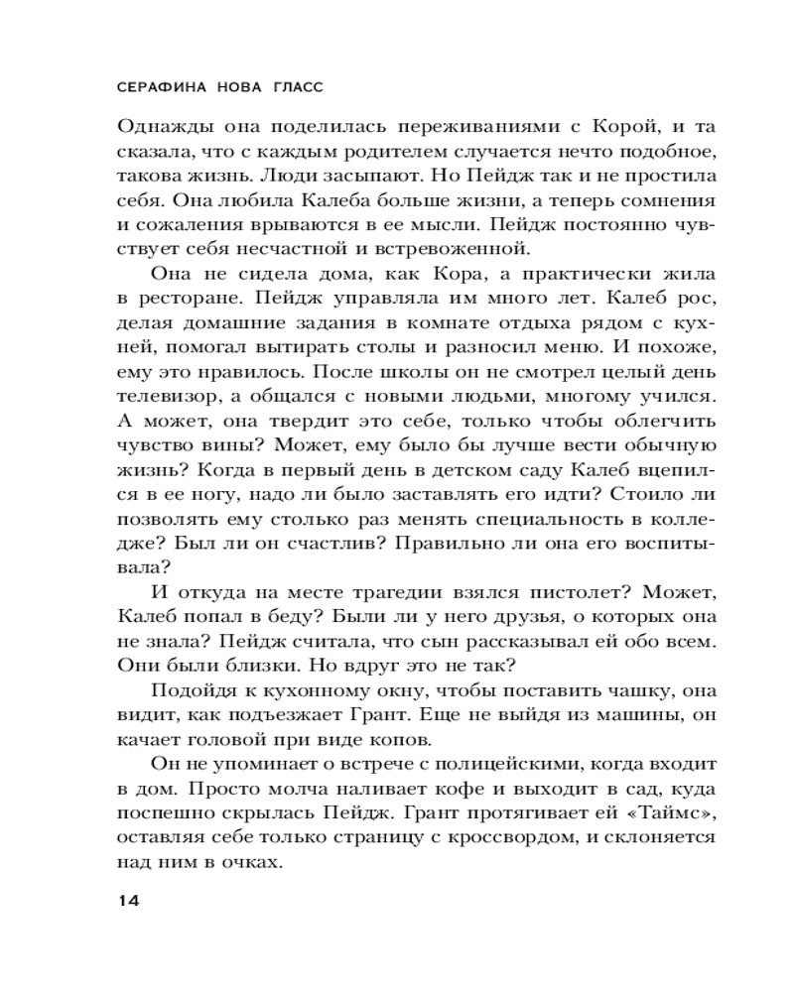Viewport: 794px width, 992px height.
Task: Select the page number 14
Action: [129, 901]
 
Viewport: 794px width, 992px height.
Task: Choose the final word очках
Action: [244, 863]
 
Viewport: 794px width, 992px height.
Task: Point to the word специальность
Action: [554, 520]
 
